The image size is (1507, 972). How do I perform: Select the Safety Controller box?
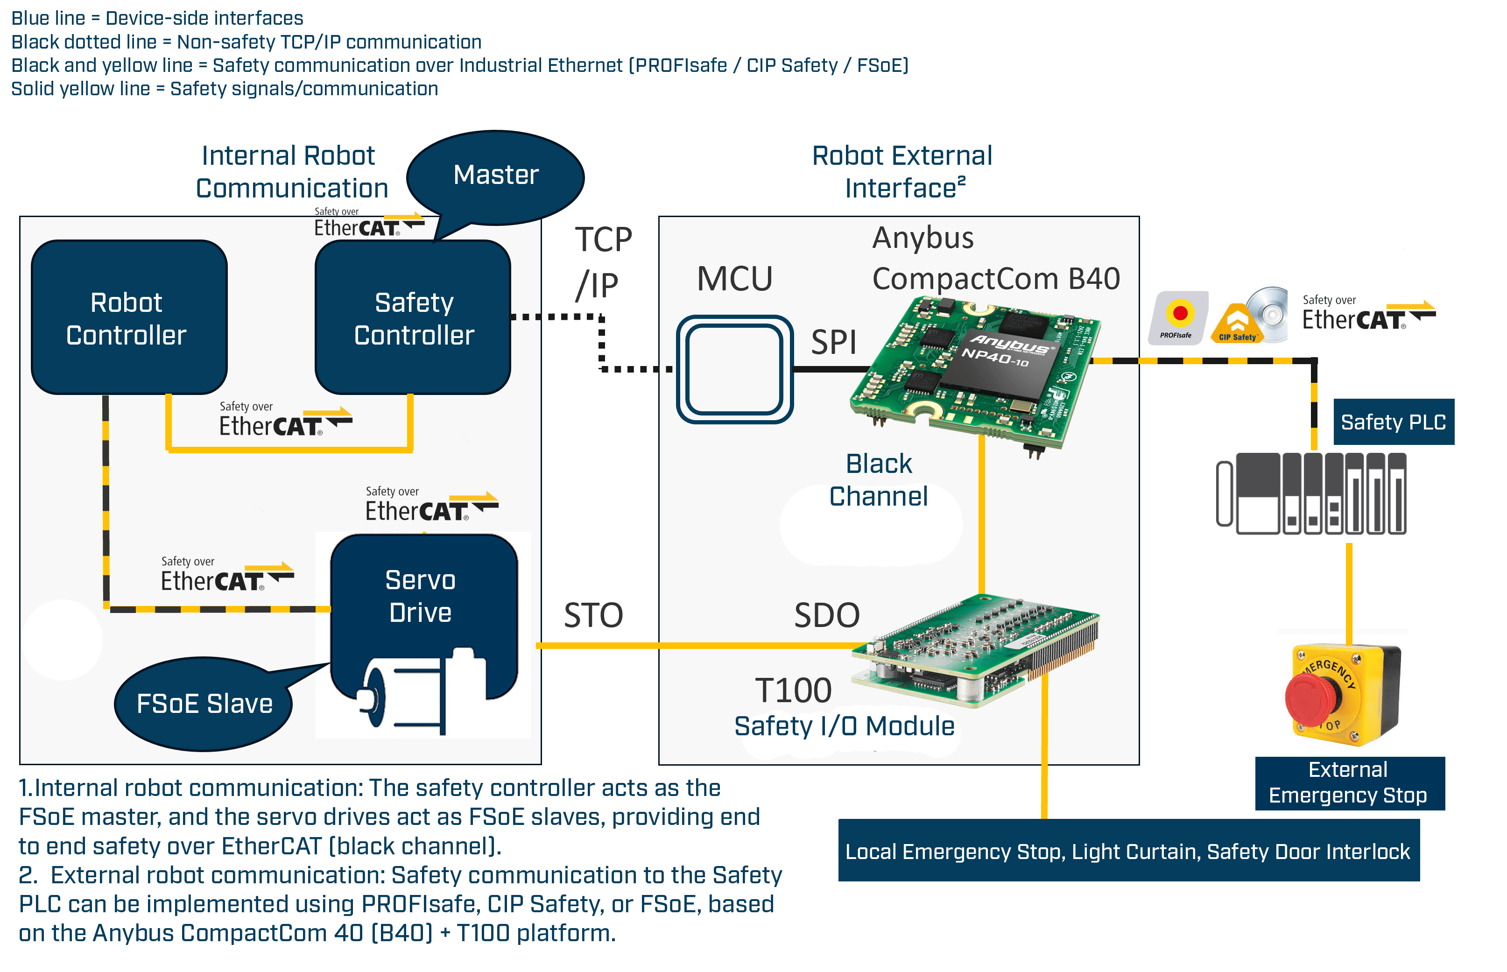click(x=413, y=317)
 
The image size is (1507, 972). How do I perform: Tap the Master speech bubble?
click(x=495, y=176)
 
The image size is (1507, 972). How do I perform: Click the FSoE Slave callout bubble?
click(x=204, y=704)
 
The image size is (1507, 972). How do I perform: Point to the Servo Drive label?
click(x=420, y=596)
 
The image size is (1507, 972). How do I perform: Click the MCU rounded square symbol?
click(x=734, y=369)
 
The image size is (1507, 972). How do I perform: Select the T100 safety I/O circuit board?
click(x=975, y=650)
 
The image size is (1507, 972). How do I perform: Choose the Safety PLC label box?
click(x=1394, y=422)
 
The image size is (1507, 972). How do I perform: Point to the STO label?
click(x=593, y=615)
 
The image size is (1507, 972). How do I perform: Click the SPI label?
click(x=833, y=343)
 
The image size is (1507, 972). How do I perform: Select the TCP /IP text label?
click(x=603, y=262)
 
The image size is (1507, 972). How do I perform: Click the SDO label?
click(x=827, y=615)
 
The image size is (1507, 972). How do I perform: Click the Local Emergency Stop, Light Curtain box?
click(x=1128, y=851)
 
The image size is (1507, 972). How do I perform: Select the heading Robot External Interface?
click(x=902, y=172)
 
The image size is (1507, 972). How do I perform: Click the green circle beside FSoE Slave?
click(x=62, y=640)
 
